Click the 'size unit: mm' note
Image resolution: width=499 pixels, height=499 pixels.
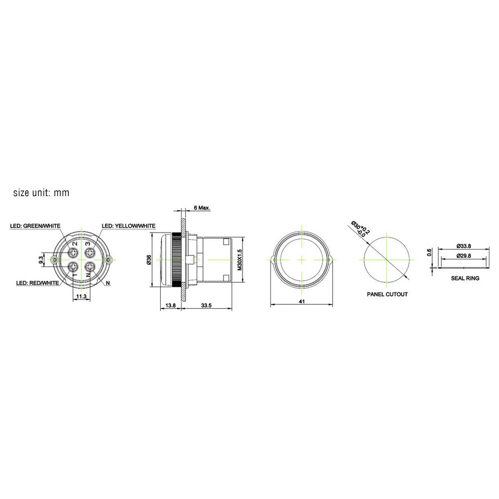click(x=41, y=193)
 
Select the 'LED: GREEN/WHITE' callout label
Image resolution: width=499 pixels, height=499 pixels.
click(x=35, y=226)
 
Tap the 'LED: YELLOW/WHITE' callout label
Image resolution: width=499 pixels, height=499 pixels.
click(x=129, y=226)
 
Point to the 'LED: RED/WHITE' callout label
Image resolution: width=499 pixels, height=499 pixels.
click(x=38, y=283)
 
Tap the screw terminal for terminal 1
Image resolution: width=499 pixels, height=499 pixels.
click(x=73, y=267)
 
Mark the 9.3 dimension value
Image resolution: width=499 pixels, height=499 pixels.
click(x=41, y=259)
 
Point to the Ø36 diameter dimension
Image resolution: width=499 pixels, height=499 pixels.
click(x=148, y=259)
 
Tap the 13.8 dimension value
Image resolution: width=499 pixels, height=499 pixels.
click(x=170, y=306)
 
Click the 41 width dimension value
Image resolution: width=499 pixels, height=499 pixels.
click(x=301, y=301)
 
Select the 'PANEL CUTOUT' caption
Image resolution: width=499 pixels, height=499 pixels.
click(x=387, y=294)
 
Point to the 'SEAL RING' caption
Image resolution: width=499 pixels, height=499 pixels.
click(x=465, y=278)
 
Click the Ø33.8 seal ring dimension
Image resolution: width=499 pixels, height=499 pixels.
click(x=464, y=246)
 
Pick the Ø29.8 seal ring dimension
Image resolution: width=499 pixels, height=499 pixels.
click(x=464, y=255)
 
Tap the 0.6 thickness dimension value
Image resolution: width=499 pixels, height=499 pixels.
click(x=429, y=253)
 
